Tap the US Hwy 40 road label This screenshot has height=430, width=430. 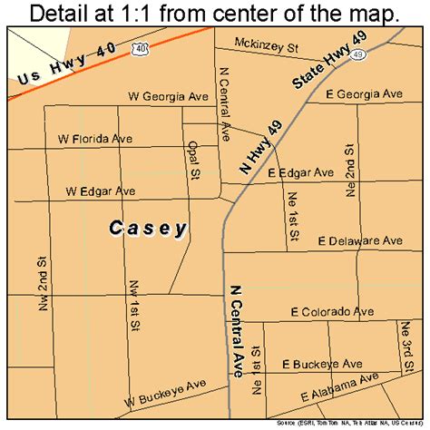[x=60, y=68]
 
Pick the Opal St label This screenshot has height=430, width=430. [x=192, y=160]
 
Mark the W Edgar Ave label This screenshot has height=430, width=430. [x=100, y=191]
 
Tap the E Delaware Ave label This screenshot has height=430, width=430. [x=359, y=240]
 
